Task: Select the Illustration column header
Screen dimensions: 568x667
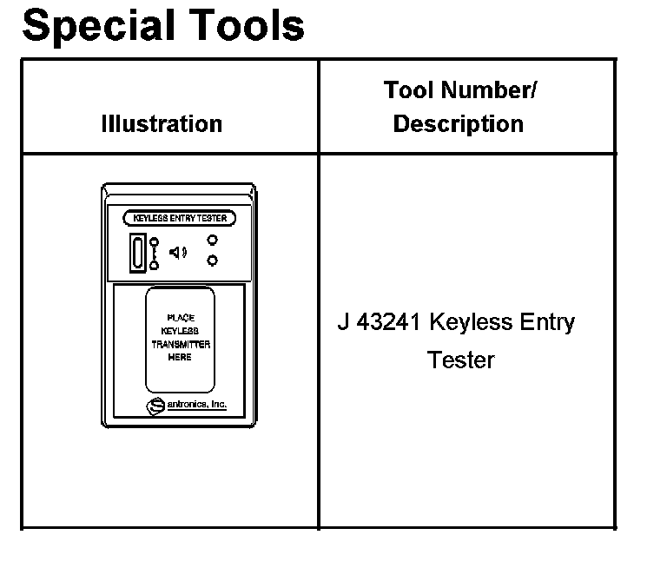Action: (162, 123)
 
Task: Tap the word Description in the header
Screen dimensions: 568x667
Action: (459, 123)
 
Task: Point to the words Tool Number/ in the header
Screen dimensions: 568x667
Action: (459, 90)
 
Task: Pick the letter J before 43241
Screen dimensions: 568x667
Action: (343, 323)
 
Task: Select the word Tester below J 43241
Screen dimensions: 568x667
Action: (460, 360)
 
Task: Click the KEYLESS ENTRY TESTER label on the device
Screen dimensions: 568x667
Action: (180, 218)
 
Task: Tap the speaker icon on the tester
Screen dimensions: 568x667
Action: (177, 253)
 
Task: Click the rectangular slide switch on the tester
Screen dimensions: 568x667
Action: (137, 252)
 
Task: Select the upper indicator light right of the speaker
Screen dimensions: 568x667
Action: (212, 241)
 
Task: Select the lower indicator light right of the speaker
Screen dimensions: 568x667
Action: (212, 261)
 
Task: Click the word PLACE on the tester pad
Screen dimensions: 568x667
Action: (181, 318)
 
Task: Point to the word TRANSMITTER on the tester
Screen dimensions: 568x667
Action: (181, 344)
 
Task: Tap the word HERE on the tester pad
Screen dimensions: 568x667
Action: (181, 357)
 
